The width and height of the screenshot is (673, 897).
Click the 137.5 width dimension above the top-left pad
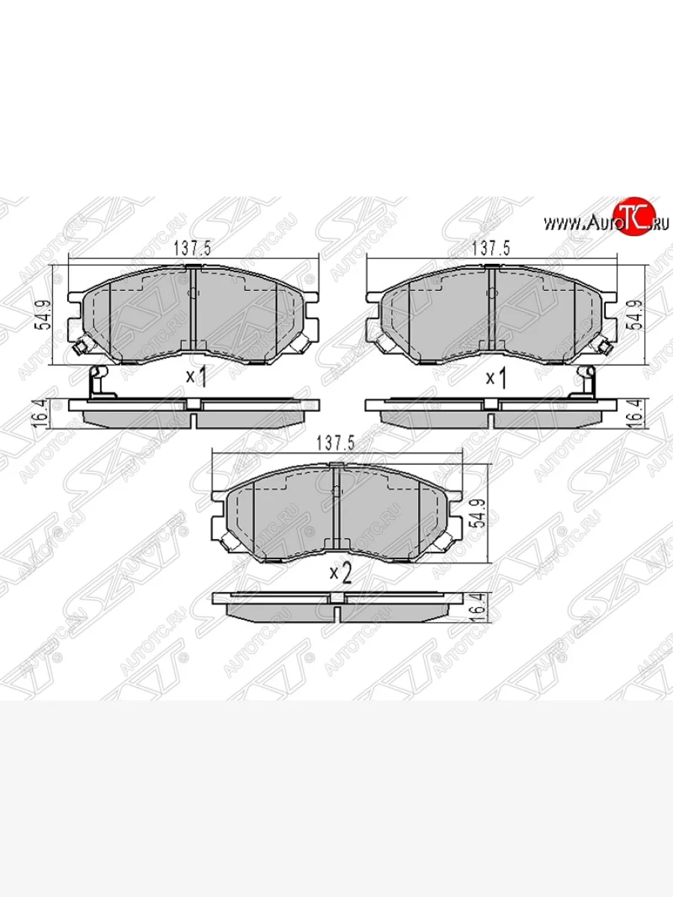point(191,250)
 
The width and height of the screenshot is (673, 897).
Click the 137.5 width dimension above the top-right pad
point(490,250)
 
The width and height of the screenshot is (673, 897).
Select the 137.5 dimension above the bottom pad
point(336,443)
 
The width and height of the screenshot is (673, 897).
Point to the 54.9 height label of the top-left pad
point(45,316)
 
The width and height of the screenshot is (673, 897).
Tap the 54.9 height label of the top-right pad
point(637,316)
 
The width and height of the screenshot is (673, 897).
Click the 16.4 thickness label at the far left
point(45,410)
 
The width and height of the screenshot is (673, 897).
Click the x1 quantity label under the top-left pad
point(196,378)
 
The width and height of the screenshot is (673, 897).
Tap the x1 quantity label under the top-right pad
point(497,378)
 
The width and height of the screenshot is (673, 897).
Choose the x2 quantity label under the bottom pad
point(340,573)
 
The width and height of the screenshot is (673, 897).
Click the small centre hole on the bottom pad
point(336,491)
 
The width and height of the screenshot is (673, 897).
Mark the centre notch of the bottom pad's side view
point(336,599)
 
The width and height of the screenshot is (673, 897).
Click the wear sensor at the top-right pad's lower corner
point(604,345)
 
